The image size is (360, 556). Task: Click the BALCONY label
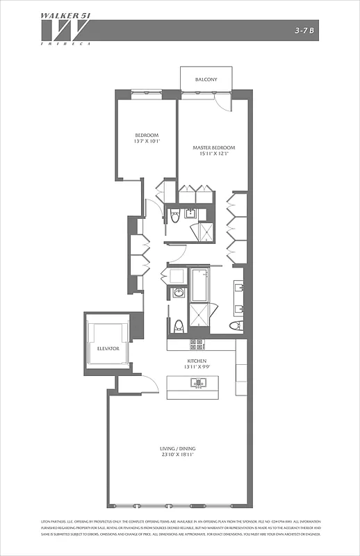(x=206, y=80)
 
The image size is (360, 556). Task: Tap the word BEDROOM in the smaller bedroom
(x=147, y=135)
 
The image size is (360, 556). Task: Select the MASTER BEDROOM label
(x=214, y=147)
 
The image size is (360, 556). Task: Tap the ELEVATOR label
(x=108, y=347)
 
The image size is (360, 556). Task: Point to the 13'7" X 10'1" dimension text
(x=147, y=142)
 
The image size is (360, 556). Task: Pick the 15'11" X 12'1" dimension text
(x=214, y=154)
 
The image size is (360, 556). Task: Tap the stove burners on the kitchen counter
(x=197, y=344)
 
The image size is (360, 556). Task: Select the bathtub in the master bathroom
(x=199, y=285)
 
